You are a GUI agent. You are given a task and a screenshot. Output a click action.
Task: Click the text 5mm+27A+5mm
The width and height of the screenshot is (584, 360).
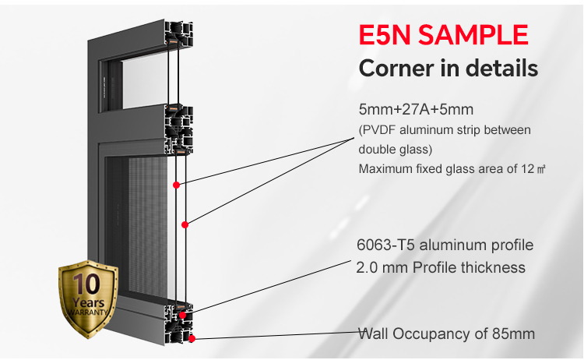tap(415, 109)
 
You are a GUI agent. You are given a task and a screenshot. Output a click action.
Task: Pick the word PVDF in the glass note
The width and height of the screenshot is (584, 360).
tap(381, 129)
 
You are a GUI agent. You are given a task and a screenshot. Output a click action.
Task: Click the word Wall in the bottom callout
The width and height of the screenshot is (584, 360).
tap(373, 334)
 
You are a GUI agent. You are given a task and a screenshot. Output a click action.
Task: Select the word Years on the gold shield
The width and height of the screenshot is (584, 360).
tap(87, 302)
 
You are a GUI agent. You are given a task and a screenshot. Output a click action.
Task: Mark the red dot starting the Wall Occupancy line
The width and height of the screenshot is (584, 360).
tap(192, 338)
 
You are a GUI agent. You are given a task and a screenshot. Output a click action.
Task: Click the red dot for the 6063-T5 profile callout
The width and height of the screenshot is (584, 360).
tap(182, 315)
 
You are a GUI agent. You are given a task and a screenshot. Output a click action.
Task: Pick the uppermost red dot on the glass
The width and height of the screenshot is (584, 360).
tap(177, 185)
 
